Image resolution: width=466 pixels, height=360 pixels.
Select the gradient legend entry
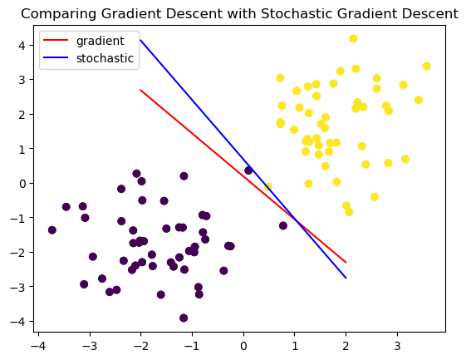[84, 41]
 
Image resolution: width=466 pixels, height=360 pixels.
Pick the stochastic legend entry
[89, 58]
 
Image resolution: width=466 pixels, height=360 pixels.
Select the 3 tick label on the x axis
[397, 346]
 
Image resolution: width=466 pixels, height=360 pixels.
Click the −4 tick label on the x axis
[38, 346]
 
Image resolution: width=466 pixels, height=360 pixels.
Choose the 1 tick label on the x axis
[295, 346]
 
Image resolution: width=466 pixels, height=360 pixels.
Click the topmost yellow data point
[353, 38]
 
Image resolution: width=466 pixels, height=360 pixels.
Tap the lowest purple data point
[184, 318]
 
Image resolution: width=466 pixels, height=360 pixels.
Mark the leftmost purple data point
[52, 229]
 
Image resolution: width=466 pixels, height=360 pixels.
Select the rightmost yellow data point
[426, 66]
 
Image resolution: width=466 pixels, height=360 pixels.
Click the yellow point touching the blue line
[268, 187]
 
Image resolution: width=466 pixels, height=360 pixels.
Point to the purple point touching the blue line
[248, 170]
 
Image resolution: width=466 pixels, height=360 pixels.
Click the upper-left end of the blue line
[140, 40]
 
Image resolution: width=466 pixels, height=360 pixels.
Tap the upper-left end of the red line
[140, 90]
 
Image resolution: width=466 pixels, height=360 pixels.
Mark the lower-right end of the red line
[346, 263]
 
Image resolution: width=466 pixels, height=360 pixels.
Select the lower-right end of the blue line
[346, 278]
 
